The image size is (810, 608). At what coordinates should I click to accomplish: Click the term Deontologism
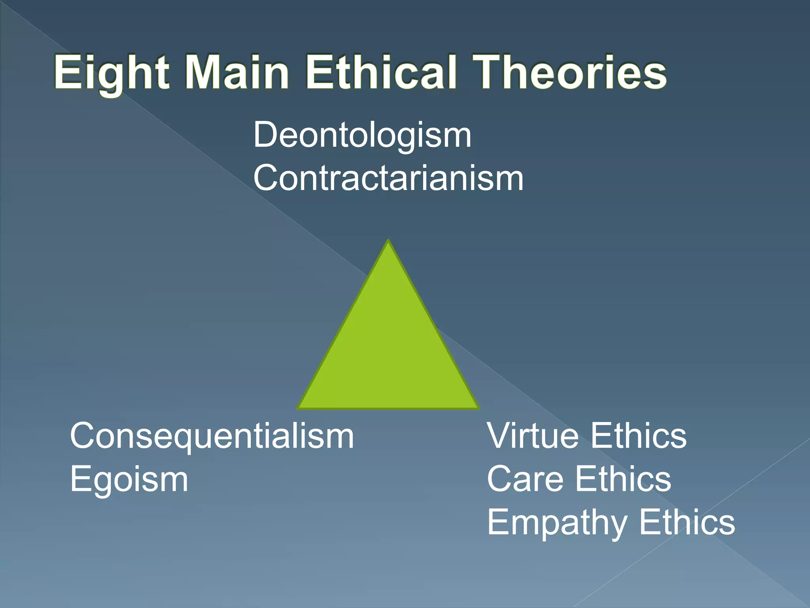(x=362, y=135)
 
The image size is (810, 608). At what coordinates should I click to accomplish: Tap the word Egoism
(x=129, y=479)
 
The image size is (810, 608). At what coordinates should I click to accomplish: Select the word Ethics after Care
(x=623, y=479)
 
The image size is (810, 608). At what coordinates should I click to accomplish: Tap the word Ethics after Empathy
(x=687, y=522)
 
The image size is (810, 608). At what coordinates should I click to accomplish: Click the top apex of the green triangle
(x=388, y=241)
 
